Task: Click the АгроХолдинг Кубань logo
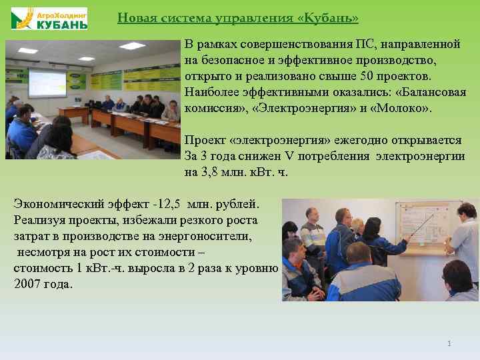[x=49, y=18]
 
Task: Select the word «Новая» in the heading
[x=135, y=18]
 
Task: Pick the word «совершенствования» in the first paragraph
[x=298, y=44]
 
